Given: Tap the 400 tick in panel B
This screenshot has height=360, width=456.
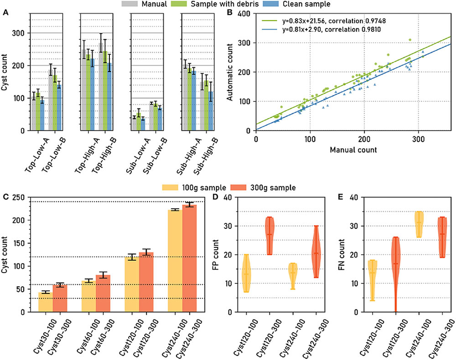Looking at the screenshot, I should (x=245, y=14).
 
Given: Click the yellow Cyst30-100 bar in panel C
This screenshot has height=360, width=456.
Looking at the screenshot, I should (x=45, y=302).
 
